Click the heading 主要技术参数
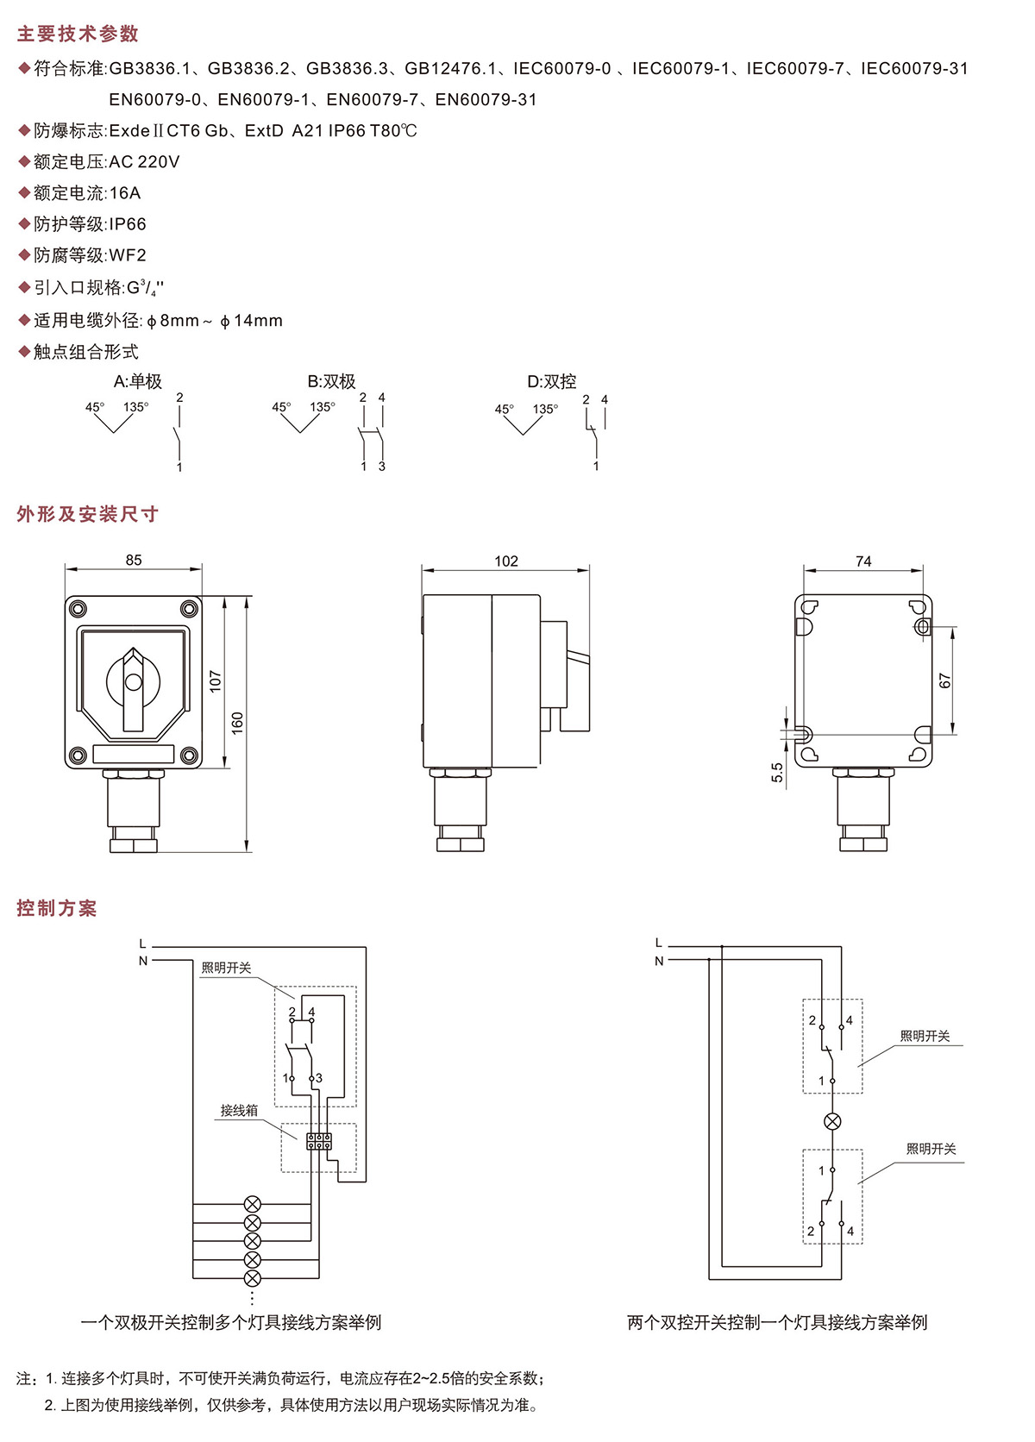[78, 34]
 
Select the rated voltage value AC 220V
[144, 162]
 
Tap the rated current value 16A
[125, 193]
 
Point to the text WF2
[128, 255]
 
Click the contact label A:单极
[138, 381]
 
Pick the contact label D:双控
[552, 381]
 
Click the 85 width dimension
[134, 560]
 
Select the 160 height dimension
[238, 723]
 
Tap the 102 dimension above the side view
[506, 561]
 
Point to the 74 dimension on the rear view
[863, 561]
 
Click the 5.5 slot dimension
[777, 772]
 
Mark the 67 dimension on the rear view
[945, 680]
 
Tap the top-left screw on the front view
[78, 608]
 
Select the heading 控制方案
[57, 908]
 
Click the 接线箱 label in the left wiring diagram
[239, 1110]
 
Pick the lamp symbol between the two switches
[832, 1121]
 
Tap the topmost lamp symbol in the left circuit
[253, 1204]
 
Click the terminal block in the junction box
[319, 1141]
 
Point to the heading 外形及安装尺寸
[88, 514]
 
